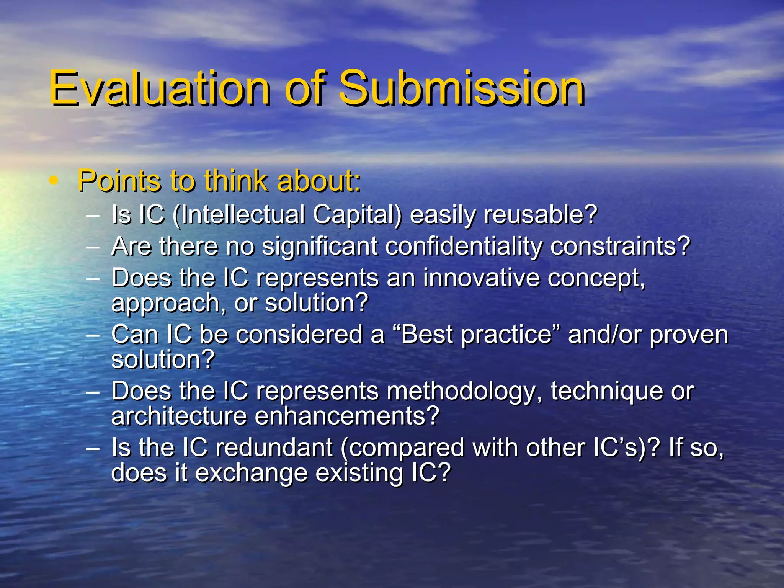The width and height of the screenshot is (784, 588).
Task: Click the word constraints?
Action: coord(620,246)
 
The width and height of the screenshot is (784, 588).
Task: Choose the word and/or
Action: coord(605,335)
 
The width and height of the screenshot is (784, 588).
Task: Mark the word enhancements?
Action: coord(347,416)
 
